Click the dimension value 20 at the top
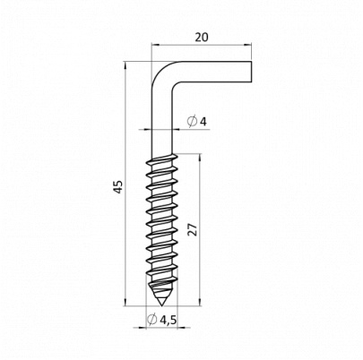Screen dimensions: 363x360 (202, 38)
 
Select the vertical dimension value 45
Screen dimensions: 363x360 (118, 186)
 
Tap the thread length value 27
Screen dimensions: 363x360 (194, 229)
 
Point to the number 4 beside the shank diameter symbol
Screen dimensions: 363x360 (203, 122)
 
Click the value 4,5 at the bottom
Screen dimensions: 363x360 (169, 320)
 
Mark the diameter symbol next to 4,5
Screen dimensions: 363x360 (152, 319)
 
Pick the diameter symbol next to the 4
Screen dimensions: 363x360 (192, 122)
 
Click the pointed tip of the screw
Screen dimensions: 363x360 (161, 305)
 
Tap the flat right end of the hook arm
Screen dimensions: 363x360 (252, 72)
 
